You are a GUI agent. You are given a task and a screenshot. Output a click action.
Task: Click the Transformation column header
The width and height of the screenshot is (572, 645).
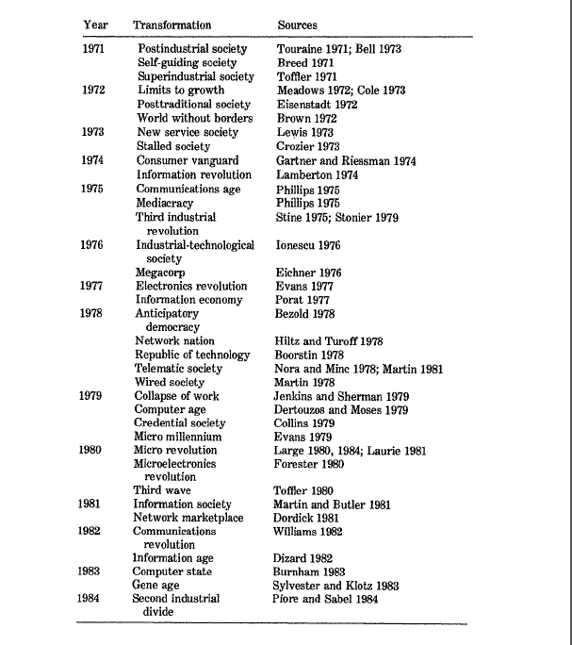[x=172, y=25]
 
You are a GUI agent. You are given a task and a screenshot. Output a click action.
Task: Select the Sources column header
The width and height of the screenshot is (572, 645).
[x=298, y=25]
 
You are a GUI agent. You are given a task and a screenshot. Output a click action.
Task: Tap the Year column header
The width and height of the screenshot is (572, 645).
[x=95, y=25]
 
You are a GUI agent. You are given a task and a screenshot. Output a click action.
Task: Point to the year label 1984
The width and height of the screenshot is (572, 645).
[x=92, y=599]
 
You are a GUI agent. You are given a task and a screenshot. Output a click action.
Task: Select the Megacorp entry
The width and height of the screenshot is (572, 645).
[x=160, y=273]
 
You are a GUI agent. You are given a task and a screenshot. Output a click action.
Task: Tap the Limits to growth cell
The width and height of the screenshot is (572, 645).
[x=181, y=91]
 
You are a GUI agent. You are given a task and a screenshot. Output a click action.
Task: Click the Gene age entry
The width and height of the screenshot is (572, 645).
[x=156, y=585]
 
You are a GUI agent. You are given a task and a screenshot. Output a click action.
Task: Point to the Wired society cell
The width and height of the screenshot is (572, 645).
[x=170, y=383]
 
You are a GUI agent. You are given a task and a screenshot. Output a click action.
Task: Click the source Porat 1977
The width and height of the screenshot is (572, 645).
[x=304, y=300]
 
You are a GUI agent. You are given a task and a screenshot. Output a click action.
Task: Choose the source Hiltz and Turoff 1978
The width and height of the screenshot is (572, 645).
[x=330, y=341]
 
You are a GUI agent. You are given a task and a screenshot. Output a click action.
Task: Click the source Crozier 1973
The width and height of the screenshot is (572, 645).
[x=309, y=147]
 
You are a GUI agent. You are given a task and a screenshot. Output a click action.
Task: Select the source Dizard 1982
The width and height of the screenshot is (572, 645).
[x=304, y=558]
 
